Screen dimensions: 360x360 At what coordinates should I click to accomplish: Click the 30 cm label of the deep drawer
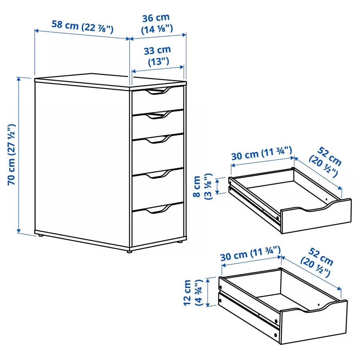[250, 254]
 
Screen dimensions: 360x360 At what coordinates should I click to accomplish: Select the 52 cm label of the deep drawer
[318, 262]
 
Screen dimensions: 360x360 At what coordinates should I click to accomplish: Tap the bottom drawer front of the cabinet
[158, 226]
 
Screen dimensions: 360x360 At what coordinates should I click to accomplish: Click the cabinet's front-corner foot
[129, 251]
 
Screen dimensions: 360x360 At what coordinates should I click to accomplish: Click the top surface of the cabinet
[108, 79]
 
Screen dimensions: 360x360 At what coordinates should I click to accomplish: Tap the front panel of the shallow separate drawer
[316, 218]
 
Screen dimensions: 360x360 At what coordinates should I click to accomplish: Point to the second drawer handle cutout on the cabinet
[157, 116]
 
